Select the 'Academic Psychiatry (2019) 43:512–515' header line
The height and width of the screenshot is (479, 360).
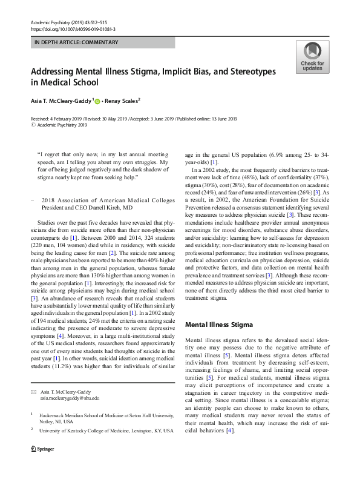click(67, 22)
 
